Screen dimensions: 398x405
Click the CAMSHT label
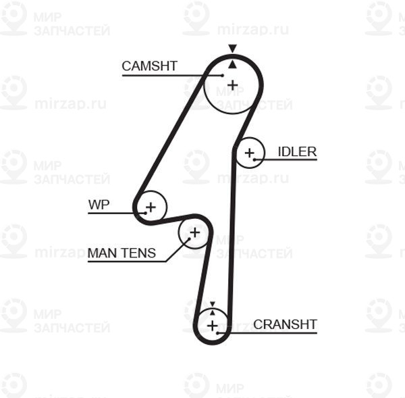pyautogui.click(x=149, y=66)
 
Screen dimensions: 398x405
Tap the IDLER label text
pyautogui.click(x=297, y=151)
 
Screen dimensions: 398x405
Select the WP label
pyautogui.click(x=99, y=205)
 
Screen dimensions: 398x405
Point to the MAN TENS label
pyautogui.click(x=122, y=253)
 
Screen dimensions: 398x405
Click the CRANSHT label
pyautogui.click(x=285, y=324)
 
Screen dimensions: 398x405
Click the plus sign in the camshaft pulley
pyautogui.click(x=233, y=85)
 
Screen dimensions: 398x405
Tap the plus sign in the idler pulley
pyautogui.click(x=250, y=153)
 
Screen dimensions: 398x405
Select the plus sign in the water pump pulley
pyautogui.click(x=151, y=206)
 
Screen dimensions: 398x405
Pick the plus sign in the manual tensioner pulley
pyautogui.click(x=194, y=233)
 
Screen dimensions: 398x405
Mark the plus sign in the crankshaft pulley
pyautogui.click(x=213, y=326)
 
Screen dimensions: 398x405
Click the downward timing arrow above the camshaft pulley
pyautogui.click(x=232, y=49)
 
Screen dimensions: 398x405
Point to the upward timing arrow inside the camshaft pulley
pyautogui.click(x=232, y=64)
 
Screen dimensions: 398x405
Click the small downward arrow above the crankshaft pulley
pyautogui.click(x=212, y=305)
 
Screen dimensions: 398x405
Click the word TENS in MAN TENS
pyautogui.click(x=139, y=253)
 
